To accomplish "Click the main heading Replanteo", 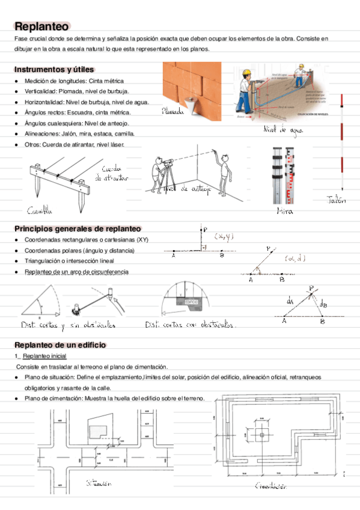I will [x=41, y=26].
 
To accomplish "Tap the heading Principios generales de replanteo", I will [x=77, y=229].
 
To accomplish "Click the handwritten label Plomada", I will [x=174, y=111].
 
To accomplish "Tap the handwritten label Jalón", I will [x=337, y=201].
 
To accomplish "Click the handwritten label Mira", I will [x=285, y=211].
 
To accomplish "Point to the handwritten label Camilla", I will [x=39, y=210].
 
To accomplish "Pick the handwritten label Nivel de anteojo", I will [x=187, y=189].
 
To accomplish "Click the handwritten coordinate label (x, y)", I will [x=225, y=236].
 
